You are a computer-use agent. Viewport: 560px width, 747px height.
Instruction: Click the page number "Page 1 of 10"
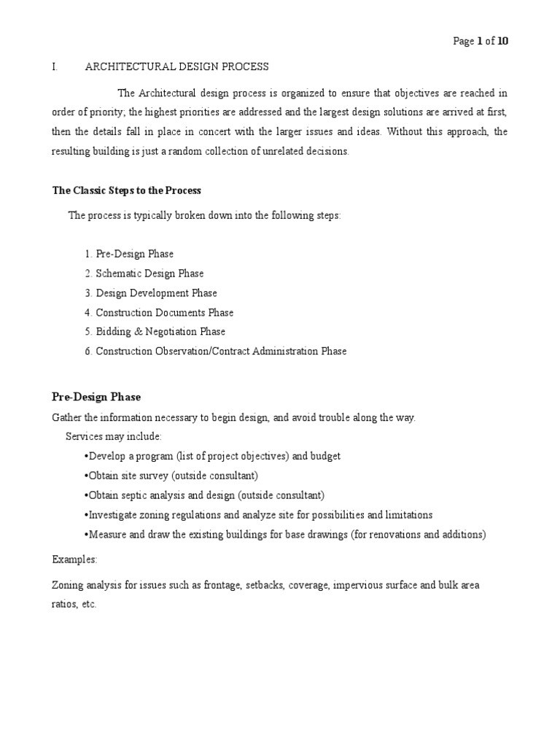pyautogui.click(x=481, y=41)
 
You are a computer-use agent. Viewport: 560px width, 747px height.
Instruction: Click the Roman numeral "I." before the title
pyautogui.click(x=55, y=67)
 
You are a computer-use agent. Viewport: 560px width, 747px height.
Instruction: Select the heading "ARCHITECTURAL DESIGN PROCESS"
pyautogui.click(x=177, y=67)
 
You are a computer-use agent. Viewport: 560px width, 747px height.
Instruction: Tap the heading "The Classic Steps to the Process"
pyautogui.click(x=126, y=190)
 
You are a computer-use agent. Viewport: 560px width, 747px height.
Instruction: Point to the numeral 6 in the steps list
pyautogui.click(x=87, y=352)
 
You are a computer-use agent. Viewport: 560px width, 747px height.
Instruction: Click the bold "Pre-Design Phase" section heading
pyautogui.click(x=96, y=397)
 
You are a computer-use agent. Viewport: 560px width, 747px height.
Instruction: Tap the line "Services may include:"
pyautogui.click(x=114, y=436)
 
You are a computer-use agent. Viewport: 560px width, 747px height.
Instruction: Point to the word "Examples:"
pyautogui.click(x=74, y=560)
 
